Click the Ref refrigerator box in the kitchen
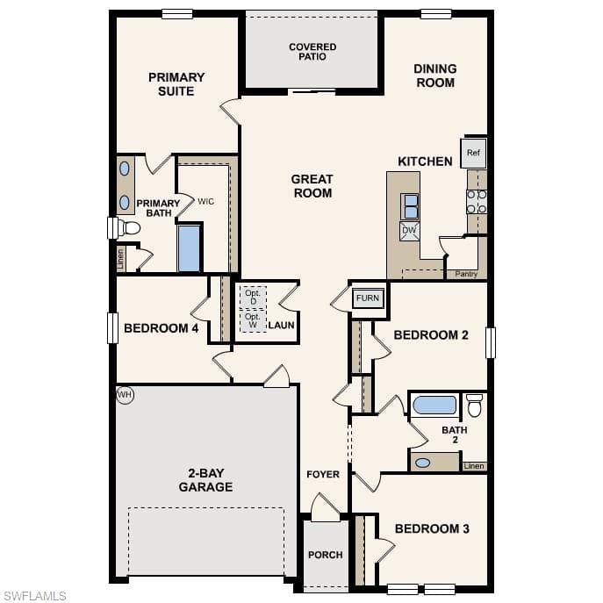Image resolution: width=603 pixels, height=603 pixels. (x=473, y=153)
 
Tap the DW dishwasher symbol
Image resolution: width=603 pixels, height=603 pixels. (x=409, y=231)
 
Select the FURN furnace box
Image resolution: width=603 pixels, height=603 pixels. (x=368, y=298)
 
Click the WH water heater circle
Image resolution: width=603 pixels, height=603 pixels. (x=125, y=395)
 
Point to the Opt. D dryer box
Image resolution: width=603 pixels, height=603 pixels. (x=253, y=298)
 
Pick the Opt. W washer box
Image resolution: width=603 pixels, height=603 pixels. (x=253, y=320)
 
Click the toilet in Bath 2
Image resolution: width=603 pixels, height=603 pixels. (x=475, y=405)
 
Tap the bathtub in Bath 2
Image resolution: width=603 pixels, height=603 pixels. (x=435, y=406)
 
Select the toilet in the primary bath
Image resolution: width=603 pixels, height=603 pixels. (x=129, y=227)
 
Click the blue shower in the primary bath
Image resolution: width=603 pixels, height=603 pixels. (x=190, y=248)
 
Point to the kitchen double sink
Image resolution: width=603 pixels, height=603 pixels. (x=410, y=206)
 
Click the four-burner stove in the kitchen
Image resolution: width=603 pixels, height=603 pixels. (x=477, y=202)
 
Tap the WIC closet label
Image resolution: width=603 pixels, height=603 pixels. (x=205, y=202)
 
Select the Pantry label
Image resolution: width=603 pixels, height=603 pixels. (x=466, y=274)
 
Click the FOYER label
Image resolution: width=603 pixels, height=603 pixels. (x=323, y=474)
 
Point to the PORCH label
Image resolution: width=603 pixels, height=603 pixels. (x=326, y=555)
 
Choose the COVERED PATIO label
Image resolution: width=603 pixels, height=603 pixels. (x=312, y=52)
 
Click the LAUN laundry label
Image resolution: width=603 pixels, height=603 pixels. (x=282, y=326)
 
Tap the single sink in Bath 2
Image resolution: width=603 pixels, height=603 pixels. (x=423, y=463)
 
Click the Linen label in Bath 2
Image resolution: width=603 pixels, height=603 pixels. (x=474, y=466)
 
